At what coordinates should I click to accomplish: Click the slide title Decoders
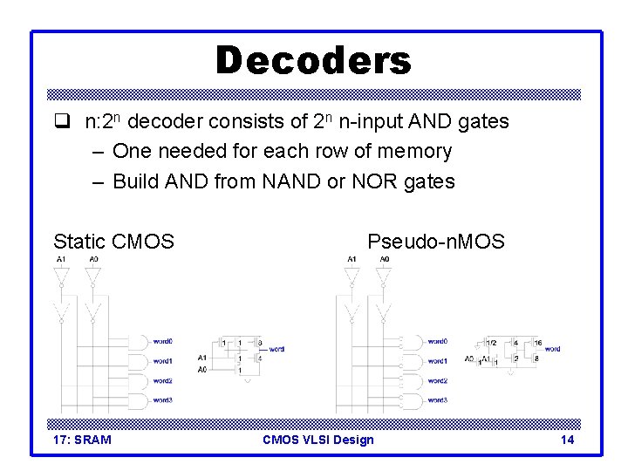click(x=312, y=61)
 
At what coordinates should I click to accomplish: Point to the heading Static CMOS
click(x=113, y=241)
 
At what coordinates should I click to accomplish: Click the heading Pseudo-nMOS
click(x=435, y=241)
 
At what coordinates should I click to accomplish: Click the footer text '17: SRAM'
click(x=82, y=440)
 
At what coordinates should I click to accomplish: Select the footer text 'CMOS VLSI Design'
click(x=317, y=440)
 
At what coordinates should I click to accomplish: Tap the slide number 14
click(x=567, y=440)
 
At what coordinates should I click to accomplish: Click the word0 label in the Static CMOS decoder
click(x=163, y=341)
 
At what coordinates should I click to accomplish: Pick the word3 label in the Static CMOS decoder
click(x=163, y=399)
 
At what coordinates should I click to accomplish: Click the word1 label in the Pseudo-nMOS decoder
click(x=438, y=361)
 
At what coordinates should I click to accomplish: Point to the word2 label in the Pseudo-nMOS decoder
click(x=438, y=380)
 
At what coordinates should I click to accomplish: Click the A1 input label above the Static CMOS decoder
click(x=60, y=260)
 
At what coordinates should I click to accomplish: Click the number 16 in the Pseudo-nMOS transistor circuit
click(x=538, y=343)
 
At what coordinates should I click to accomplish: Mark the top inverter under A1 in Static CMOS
click(x=60, y=276)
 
